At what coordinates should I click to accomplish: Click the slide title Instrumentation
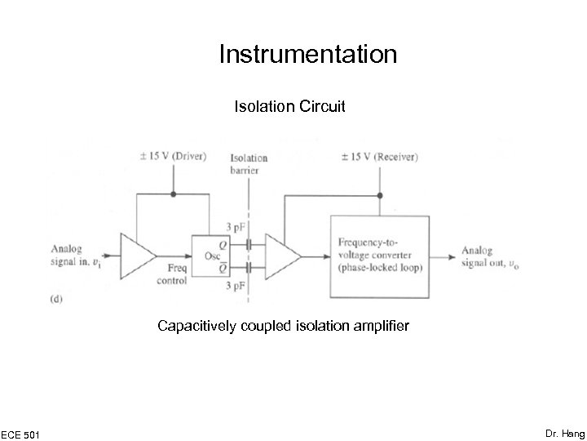(307, 55)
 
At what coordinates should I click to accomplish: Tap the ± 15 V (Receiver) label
(378, 156)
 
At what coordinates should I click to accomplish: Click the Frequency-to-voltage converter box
(380, 255)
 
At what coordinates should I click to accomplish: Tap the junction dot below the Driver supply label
(173, 194)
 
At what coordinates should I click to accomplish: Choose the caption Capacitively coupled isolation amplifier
(284, 327)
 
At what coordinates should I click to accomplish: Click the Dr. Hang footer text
(565, 432)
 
